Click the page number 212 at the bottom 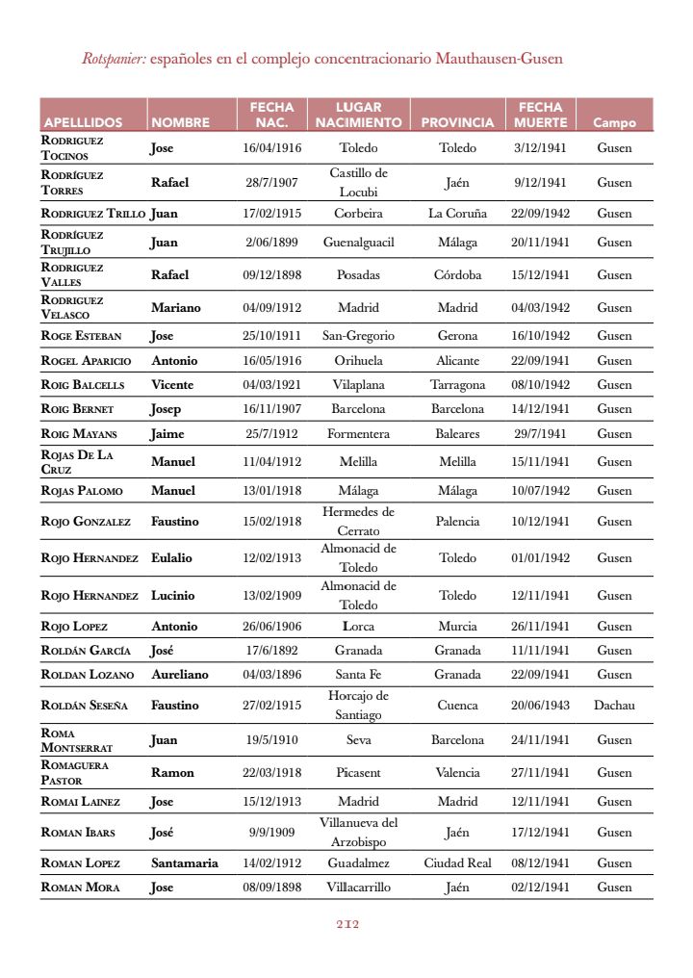[x=347, y=925]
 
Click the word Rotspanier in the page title [x=114, y=59]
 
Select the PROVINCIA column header [x=457, y=122]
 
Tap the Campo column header [x=614, y=122]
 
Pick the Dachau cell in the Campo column [x=614, y=705]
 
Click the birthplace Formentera [x=358, y=433]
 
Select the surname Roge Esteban [x=81, y=336]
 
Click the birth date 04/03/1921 [x=271, y=384]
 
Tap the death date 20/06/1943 [x=540, y=705]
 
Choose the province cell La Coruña [x=457, y=213]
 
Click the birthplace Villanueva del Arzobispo [x=358, y=832]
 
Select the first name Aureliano [x=182, y=674]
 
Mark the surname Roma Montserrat [x=76, y=739]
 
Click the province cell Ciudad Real [x=457, y=862]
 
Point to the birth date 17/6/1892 [x=271, y=650]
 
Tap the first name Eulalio [x=171, y=557]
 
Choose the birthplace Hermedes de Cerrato [x=358, y=521]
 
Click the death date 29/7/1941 [x=540, y=433]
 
